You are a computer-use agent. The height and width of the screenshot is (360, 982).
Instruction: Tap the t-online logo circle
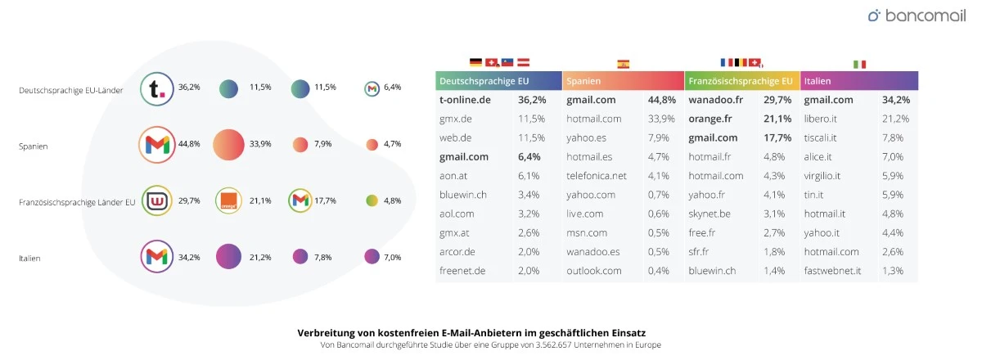pos(157,89)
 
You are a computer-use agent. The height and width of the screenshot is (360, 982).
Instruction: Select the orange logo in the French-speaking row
pos(228,200)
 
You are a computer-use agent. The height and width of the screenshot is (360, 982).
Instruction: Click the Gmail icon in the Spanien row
pos(157,145)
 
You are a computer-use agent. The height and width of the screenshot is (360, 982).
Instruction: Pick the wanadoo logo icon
pos(157,200)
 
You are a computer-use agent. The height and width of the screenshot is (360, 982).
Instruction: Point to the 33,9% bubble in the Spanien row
pos(228,145)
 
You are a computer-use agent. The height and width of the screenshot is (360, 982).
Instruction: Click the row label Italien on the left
pos(29,258)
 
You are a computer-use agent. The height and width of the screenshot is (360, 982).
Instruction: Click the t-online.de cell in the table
pos(465,100)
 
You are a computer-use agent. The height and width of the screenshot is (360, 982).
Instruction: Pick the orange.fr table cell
pos(709,119)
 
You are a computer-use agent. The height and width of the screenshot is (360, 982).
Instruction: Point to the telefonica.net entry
pos(596,175)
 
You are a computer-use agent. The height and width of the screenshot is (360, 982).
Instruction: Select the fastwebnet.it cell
pos(832,270)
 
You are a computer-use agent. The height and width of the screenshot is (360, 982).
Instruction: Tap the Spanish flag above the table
pos(623,64)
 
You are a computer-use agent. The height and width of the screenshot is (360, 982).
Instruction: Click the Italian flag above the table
pos(859,64)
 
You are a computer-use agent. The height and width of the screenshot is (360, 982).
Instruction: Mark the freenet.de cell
pos(463,270)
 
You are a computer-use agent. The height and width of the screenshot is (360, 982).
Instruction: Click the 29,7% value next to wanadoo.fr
pos(777,100)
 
